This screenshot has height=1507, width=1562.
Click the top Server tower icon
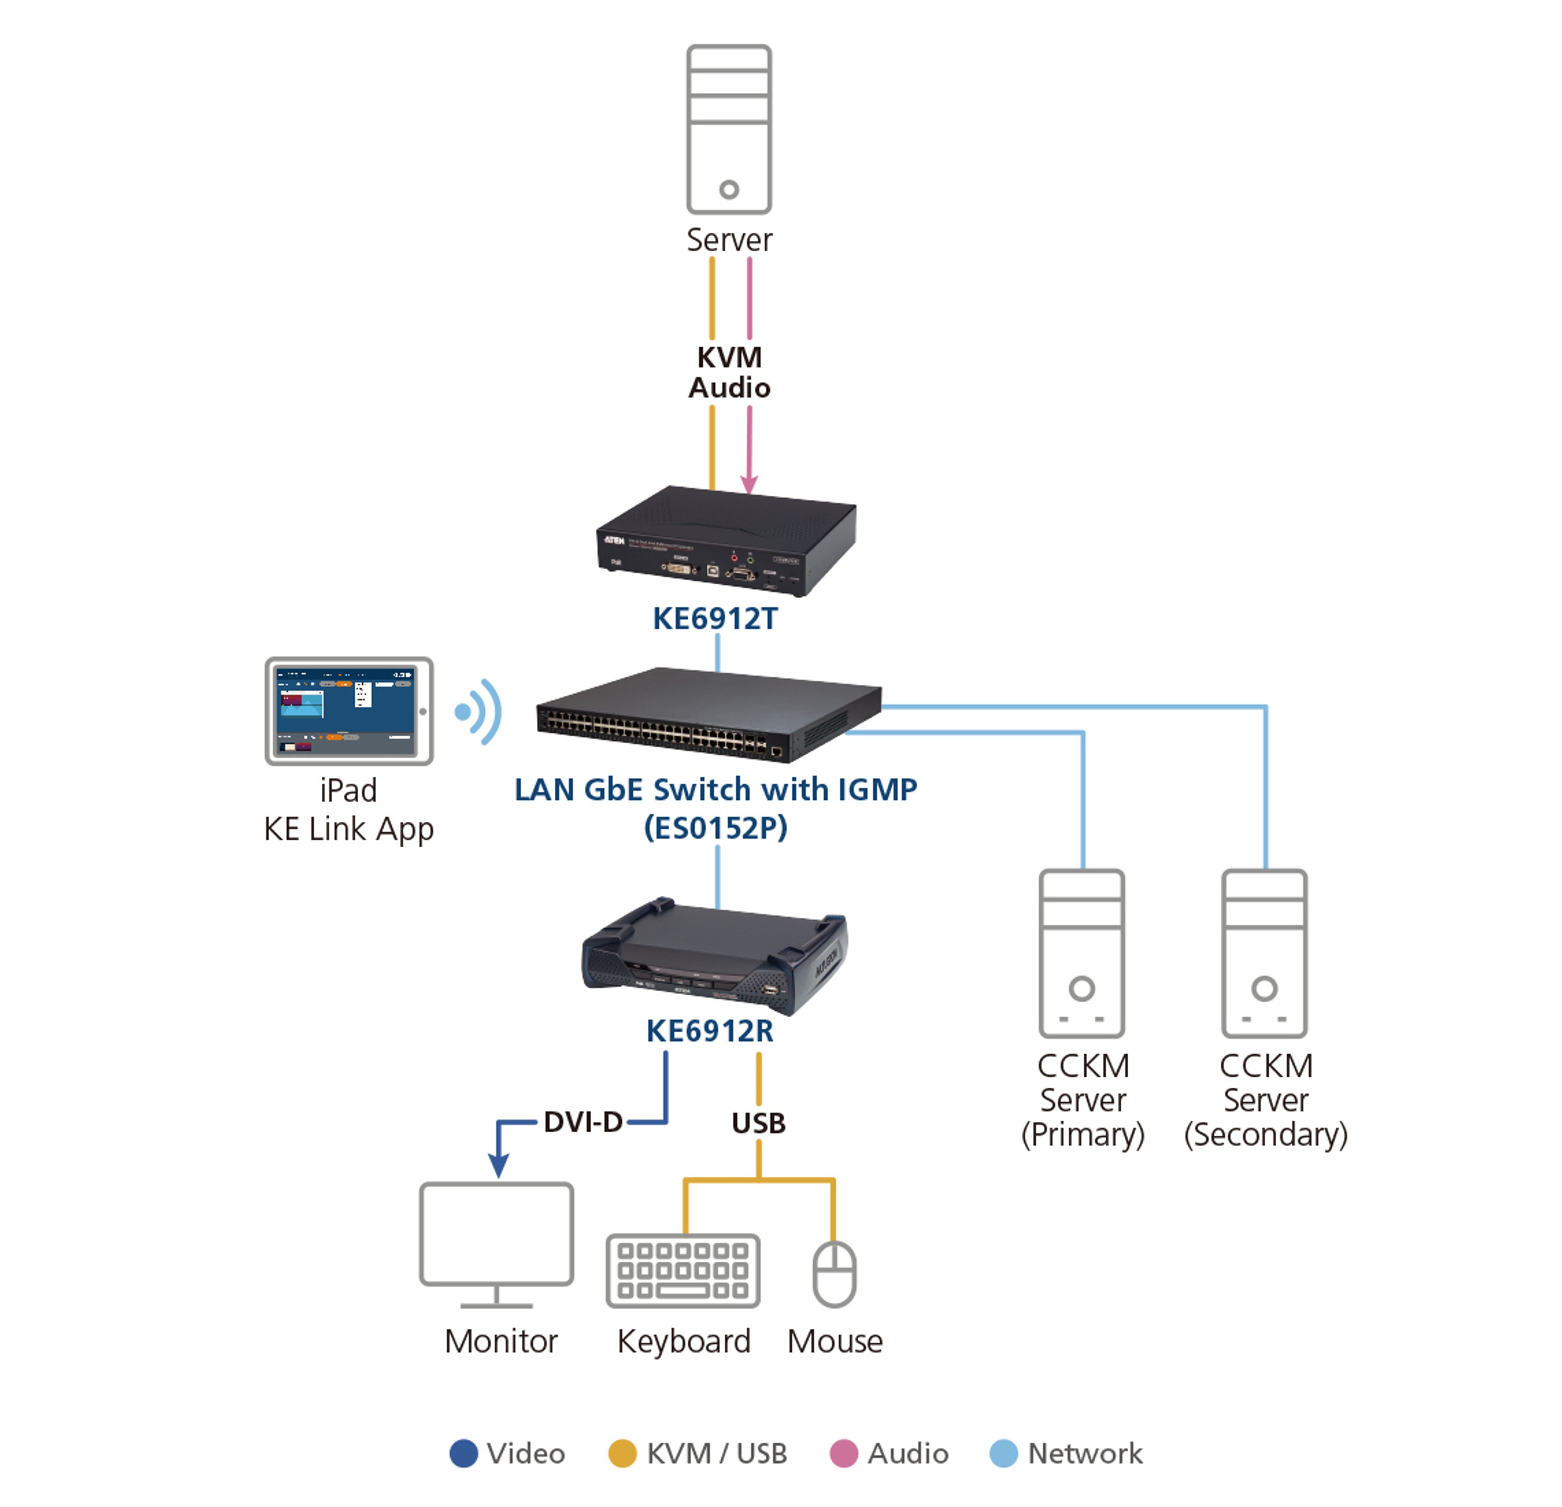(729, 129)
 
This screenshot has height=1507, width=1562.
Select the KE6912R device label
(709, 1031)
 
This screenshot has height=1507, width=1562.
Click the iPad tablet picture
(349, 711)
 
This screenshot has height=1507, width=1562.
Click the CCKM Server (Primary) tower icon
(1082, 953)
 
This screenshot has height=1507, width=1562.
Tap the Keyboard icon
(683, 1271)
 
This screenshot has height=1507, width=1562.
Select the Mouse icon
(834, 1274)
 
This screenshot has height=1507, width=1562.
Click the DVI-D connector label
(583, 1122)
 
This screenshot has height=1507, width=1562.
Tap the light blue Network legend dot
(1004, 1453)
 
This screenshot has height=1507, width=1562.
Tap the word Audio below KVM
(729, 388)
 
